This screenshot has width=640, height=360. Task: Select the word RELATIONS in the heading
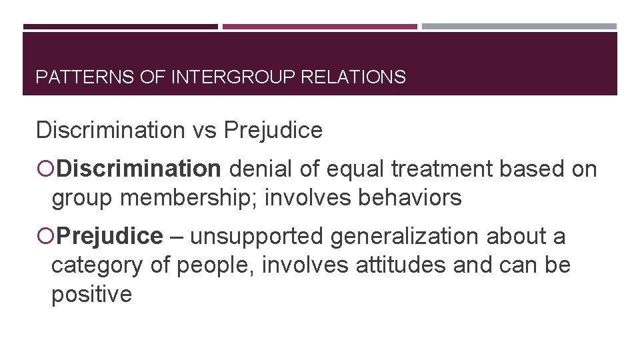click(x=353, y=78)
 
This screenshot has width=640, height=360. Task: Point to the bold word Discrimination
click(x=138, y=170)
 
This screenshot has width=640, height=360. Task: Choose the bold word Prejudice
click(x=109, y=236)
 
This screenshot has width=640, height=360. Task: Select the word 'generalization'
click(x=405, y=236)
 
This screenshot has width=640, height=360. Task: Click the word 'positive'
click(x=92, y=294)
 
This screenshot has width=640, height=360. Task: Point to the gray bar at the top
click(x=519, y=27)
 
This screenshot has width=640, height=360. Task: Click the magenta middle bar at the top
click(x=319, y=27)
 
